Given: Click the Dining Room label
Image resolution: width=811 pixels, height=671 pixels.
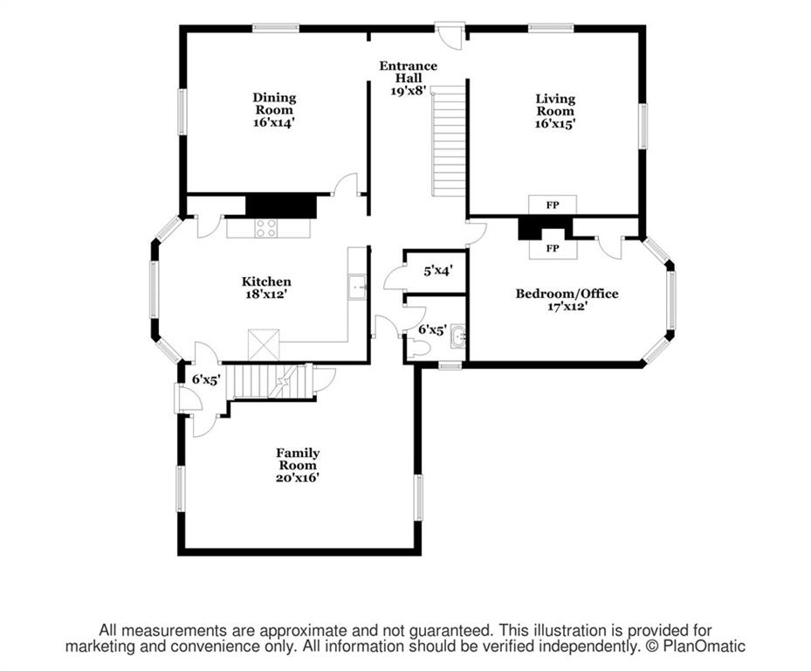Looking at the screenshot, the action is (274, 104).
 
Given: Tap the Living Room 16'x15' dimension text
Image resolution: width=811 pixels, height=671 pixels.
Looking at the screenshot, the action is (555, 124).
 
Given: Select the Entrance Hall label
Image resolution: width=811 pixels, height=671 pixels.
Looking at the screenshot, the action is (408, 72).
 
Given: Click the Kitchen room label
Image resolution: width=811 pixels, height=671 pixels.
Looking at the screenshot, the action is (266, 281).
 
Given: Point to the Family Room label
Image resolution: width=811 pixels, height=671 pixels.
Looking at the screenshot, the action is (298, 459).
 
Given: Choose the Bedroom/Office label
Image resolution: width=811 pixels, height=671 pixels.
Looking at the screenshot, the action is (567, 294).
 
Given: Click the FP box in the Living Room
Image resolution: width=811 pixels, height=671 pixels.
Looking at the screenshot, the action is (553, 205).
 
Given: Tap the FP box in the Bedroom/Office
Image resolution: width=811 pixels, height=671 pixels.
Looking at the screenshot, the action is (553, 248).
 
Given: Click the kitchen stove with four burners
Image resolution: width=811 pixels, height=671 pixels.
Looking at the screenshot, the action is (266, 228).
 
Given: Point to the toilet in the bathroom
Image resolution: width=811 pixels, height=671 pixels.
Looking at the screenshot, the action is (419, 349).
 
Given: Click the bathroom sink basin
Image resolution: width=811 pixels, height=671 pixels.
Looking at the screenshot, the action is (458, 336).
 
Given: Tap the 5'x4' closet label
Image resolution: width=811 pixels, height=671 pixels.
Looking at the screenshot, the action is (438, 270).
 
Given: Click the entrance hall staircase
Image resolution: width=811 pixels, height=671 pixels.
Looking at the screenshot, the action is (449, 142).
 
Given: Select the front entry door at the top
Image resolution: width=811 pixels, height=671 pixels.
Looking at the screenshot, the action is (450, 35).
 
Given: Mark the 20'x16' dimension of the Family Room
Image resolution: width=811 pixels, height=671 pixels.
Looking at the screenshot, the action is (297, 477).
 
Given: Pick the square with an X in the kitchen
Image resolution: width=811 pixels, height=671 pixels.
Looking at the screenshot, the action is (264, 344).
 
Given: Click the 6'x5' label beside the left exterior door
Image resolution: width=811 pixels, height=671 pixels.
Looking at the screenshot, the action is (206, 379).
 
